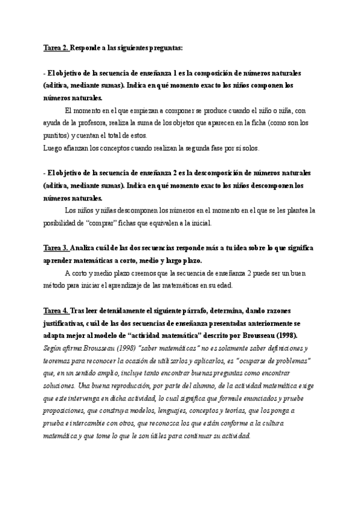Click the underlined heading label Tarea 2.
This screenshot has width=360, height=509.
56,47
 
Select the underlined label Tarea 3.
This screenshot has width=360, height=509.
56,247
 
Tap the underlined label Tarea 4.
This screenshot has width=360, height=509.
56,311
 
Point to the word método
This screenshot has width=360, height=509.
56,285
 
